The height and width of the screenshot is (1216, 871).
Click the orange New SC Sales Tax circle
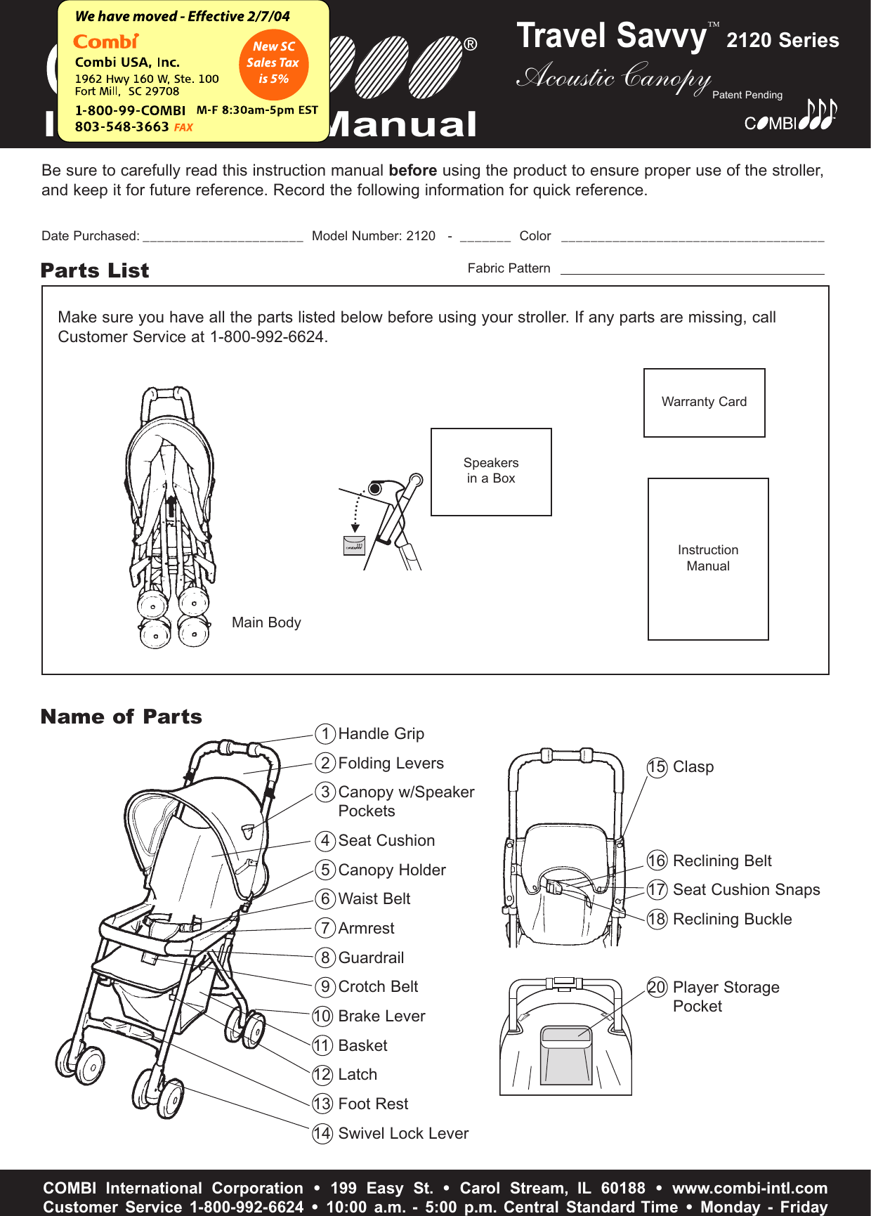273,63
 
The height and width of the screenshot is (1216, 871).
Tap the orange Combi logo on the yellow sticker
105,42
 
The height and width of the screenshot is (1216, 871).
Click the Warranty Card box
704,403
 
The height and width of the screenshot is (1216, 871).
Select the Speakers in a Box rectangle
491,471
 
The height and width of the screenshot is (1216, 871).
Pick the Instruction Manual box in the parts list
708,558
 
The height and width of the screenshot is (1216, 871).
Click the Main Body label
266,622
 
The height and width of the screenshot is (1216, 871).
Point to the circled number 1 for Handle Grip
325,734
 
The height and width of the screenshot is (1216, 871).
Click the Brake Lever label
381,1016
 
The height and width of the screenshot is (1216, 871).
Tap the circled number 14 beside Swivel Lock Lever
322,1134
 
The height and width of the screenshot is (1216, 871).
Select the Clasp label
693,767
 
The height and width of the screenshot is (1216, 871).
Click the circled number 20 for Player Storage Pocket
657,988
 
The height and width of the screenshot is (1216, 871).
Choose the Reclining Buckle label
732,920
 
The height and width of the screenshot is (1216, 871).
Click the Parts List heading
95,270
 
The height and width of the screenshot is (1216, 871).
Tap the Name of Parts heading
122,717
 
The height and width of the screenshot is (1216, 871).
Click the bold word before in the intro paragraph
412,171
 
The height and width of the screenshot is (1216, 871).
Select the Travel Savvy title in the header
611,37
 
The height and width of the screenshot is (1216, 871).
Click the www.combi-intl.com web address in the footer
749,1188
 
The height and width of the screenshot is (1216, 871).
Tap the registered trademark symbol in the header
471,45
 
